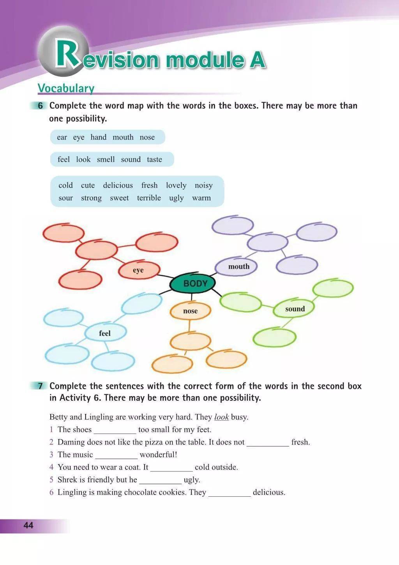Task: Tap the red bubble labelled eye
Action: click(139, 270)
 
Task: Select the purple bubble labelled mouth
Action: click(238, 267)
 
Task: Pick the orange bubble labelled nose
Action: click(190, 311)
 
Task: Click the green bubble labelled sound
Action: click(295, 309)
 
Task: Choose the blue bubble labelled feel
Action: click(105, 333)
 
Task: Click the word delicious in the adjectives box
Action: click(118, 185)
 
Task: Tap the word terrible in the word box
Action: click(149, 198)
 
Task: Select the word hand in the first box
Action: click(98, 137)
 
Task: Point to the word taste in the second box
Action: click(154, 159)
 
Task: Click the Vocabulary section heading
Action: click(66, 89)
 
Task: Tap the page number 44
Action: click(28, 526)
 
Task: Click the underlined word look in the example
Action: click(221, 417)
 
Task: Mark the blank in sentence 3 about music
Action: click(116, 455)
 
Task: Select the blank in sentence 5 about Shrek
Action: click(160, 480)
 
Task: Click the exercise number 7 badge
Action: click(40, 386)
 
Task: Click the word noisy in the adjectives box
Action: click(203, 185)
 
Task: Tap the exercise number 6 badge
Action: click(40, 106)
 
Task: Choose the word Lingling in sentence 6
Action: click(72, 492)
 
